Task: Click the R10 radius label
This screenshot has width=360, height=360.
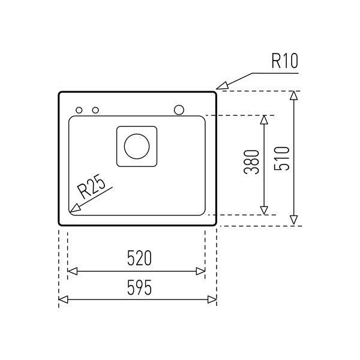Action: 284,61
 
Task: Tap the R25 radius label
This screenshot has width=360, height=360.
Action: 91,187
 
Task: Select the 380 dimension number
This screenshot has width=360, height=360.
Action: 251,162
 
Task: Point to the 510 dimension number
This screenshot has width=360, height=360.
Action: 281,158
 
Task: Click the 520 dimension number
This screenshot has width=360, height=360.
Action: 139,258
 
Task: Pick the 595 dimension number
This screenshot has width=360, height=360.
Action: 139,287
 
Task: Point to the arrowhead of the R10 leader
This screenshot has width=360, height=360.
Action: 221,86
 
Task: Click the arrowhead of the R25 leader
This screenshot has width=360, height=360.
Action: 74,208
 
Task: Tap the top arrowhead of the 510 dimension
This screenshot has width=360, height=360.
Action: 293,95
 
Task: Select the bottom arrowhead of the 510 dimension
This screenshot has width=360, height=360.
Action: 293,220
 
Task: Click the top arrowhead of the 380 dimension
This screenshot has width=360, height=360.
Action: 264,119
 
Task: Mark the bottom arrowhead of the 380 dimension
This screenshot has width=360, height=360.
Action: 264,211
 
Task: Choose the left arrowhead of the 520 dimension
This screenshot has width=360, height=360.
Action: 73,271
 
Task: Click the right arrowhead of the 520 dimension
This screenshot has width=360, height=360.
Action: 200,271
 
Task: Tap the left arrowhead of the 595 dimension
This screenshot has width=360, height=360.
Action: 64,299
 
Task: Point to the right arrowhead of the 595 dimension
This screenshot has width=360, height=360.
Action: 212,299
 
